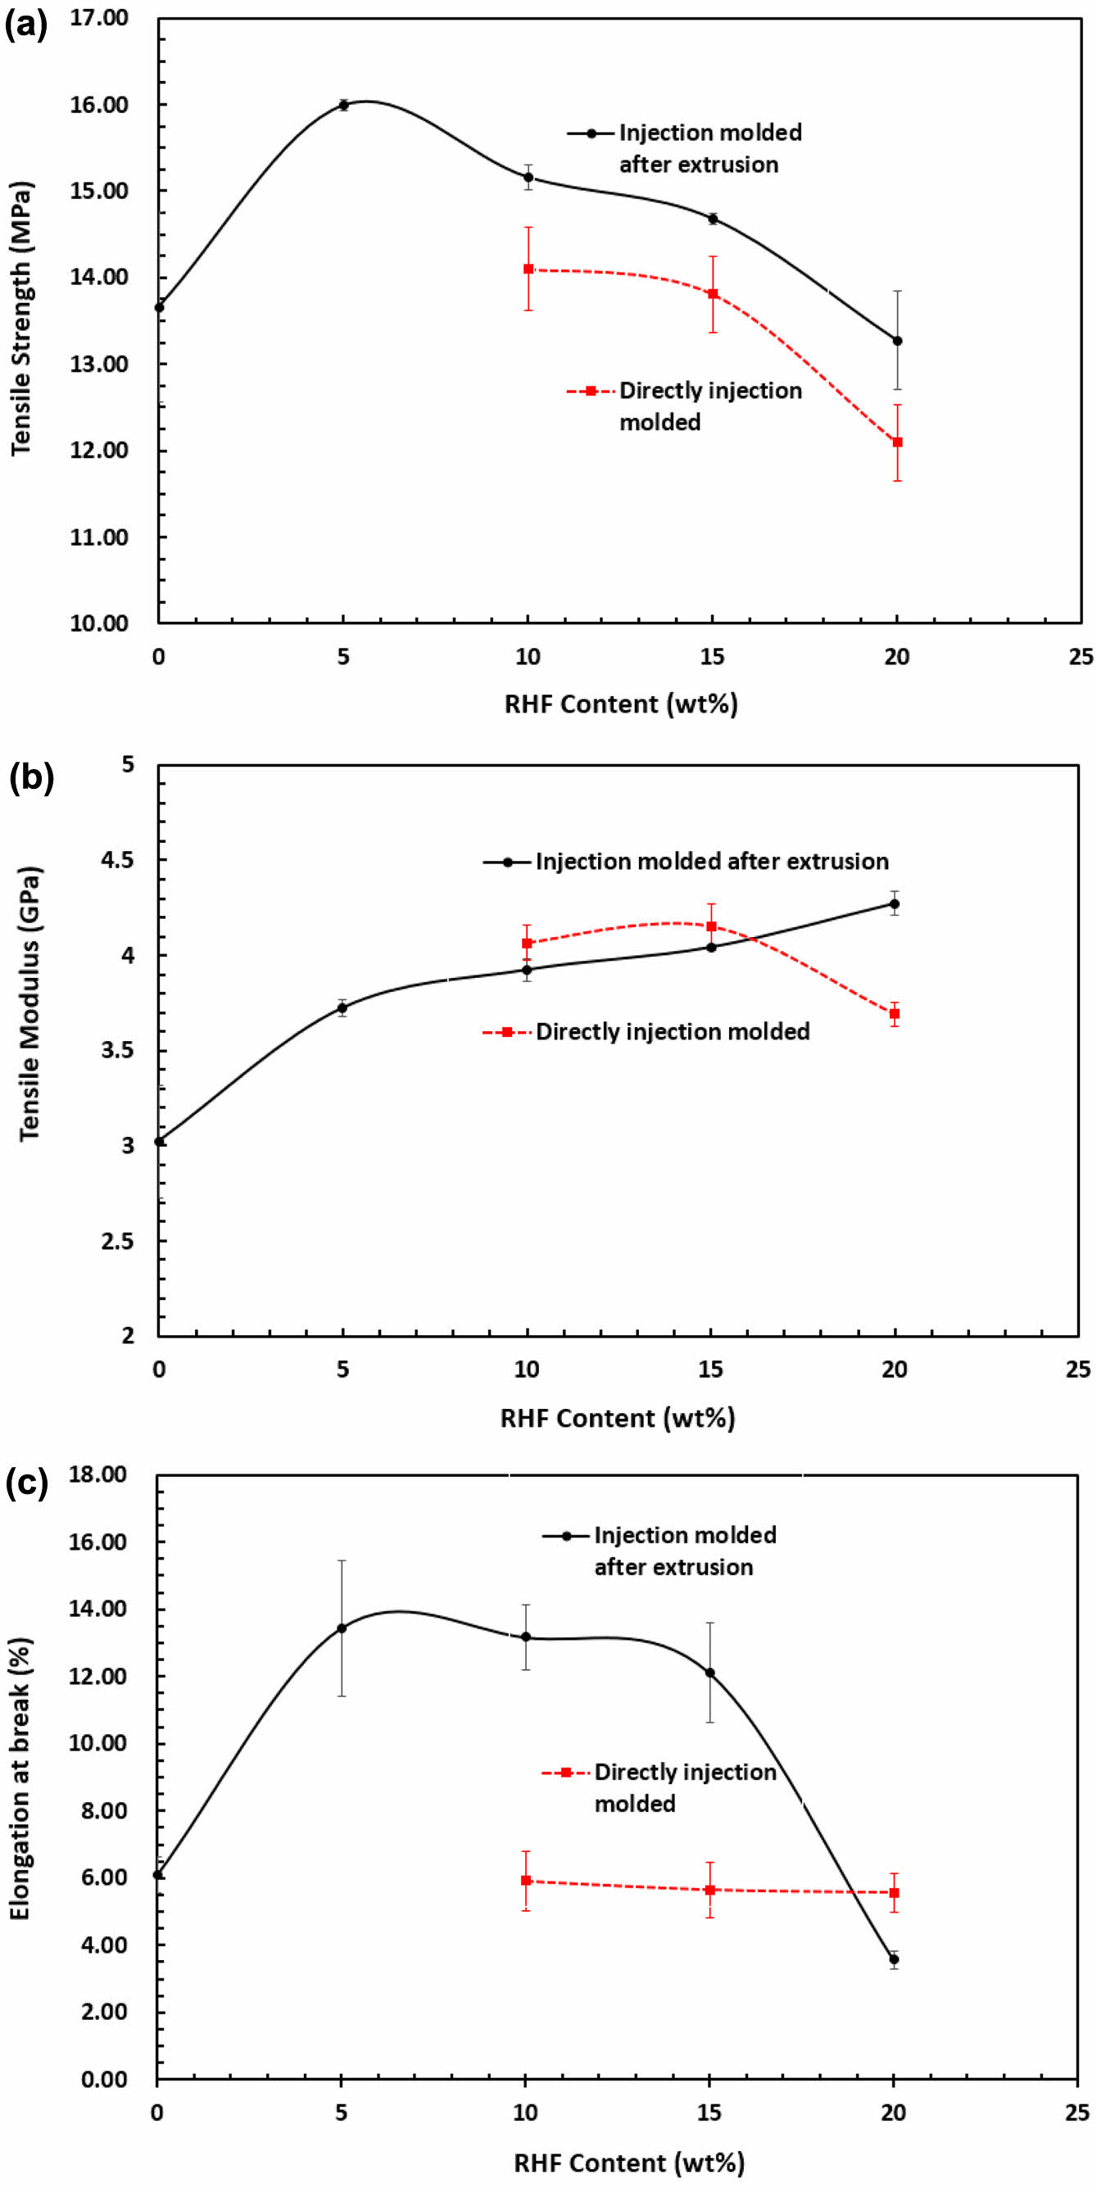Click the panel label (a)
(25, 25)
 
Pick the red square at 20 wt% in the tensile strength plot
(897, 442)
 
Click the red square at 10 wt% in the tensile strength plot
(528, 269)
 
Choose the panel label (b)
(30, 777)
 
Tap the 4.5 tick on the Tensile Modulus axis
(118, 860)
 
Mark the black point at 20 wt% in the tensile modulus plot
(894, 904)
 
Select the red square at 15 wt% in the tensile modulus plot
(711, 926)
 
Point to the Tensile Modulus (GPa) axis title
(29, 1003)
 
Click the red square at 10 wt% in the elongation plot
(527, 1881)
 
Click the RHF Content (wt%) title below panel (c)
(628, 2162)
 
